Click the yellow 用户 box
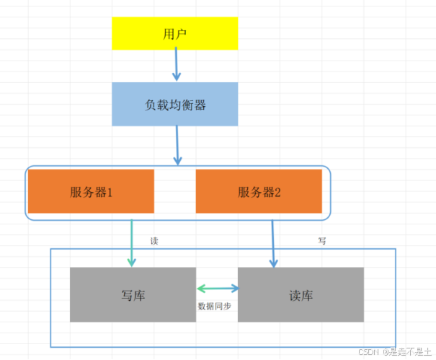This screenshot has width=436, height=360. point(174,33)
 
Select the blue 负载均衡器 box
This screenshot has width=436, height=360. point(174,105)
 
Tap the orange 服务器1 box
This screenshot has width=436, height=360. point(91,191)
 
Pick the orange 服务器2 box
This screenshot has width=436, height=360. point(259,191)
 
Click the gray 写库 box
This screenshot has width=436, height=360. point(133,294)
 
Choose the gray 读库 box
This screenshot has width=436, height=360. point(301,294)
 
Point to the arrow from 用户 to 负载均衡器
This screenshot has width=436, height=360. point(175,65)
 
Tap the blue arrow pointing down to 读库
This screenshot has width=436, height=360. point(273,244)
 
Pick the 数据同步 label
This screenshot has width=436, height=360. point(215,306)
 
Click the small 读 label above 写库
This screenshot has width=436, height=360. point(154,241)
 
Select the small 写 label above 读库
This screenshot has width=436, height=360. point(322,241)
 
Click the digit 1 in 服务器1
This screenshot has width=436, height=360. point(110,192)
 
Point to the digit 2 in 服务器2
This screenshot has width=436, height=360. point(278,192)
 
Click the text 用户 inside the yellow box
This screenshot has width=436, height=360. point(175,34)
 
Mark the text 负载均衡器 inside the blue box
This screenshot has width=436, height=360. point(175,105)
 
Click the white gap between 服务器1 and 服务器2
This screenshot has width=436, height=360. point(175,191)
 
